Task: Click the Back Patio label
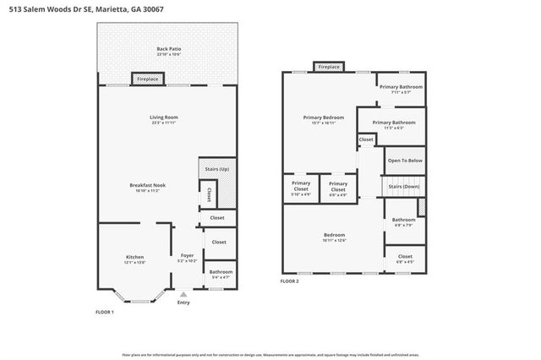tap(169, 49)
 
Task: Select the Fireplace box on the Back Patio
tap(148, 79)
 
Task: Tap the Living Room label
tap(165, 117)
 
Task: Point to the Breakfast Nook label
tap(147, 185)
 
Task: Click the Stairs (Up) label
tap(217, 169)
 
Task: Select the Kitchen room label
tap(135, 257)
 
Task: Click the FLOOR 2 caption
tap(290, 281)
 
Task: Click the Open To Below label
tap(405, 160)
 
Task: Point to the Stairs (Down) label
tap(405, 185)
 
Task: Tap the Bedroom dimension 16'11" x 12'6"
tap(334, 240)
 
